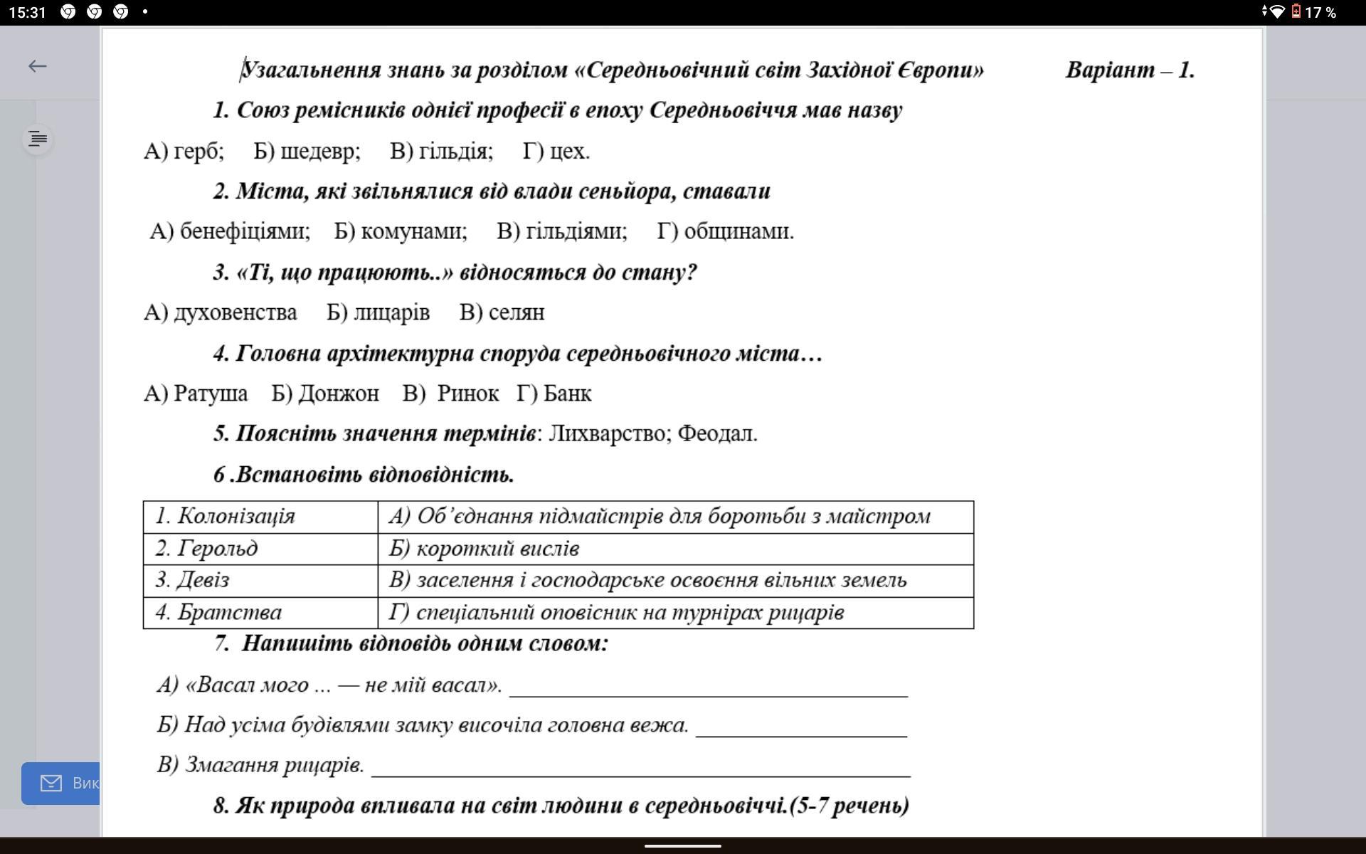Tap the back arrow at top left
click(37, 66)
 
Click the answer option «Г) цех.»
click(556, 151)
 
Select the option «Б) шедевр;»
click(307, 151)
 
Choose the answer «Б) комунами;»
click(401, 231)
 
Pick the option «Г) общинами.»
click(725, 231)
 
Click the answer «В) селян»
click(502, 312)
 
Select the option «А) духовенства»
click(221, 312)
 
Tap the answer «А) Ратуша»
click(196, 394)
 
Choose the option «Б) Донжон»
click(325, 394)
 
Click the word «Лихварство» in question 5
click(609, 433)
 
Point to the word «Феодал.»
click(717, 433)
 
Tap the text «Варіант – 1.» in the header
click(1130, 70)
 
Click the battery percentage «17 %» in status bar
click(1320, 12)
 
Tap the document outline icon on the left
click(38, 139)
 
